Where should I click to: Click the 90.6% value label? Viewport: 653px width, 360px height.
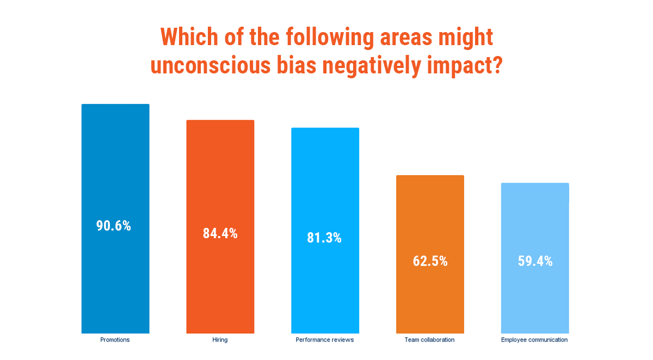coord(114,226)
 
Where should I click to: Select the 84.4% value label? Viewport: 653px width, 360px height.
coord(220,234)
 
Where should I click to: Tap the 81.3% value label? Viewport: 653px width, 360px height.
coord(324,238)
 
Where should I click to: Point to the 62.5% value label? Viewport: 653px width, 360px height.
coord(430,261)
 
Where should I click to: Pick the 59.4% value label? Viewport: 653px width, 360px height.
coord(535,261)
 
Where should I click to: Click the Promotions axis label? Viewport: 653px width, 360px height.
coord(115,340)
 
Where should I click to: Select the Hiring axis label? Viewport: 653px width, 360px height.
coord(220,340)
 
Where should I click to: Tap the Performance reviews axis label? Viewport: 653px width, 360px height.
coord(325,340)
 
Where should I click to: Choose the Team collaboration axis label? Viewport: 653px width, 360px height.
coord(429,340)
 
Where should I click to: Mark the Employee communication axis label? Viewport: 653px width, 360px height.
coord(534,340)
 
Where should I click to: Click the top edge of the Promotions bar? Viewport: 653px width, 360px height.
coord(115,104)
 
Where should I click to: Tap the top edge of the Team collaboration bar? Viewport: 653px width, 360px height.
coord(430,176)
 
